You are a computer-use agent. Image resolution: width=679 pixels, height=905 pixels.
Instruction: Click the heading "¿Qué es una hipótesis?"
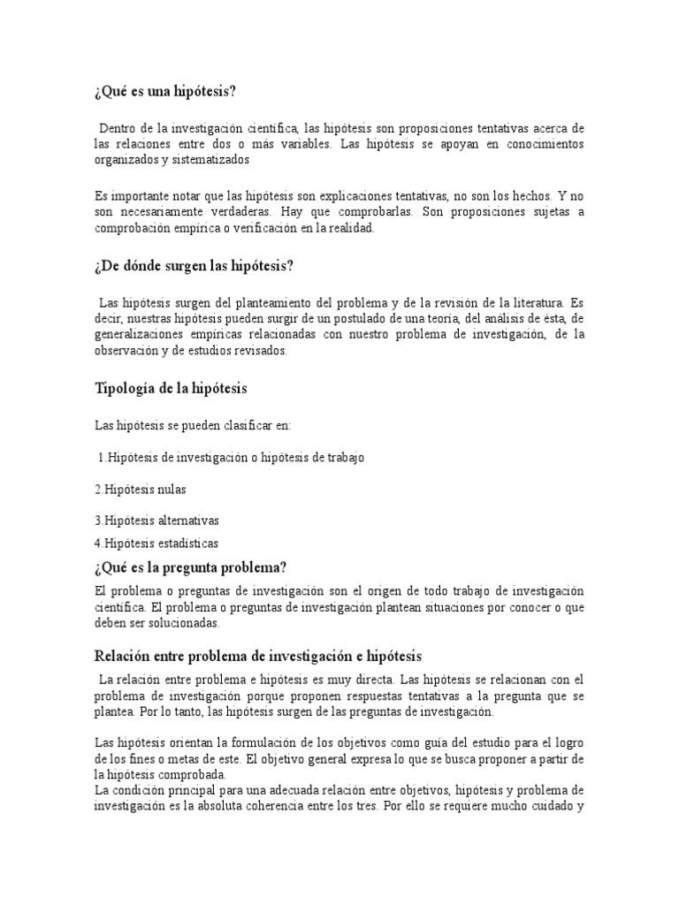pos(165,93)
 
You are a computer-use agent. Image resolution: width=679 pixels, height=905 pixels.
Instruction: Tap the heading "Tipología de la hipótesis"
pos(171,390)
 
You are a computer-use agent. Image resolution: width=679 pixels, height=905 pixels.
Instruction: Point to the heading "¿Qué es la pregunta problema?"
pos(191,567)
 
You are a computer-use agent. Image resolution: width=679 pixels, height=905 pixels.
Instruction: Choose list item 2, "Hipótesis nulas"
pos(141,489)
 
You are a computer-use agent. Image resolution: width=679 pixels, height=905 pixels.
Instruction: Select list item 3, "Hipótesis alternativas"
pos(156,521)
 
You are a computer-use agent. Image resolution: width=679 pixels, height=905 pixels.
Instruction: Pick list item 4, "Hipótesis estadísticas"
pos(156,544)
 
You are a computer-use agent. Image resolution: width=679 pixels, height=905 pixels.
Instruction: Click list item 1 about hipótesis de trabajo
pos(230,458)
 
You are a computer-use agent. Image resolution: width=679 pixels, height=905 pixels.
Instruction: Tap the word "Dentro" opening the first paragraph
pos(118,129)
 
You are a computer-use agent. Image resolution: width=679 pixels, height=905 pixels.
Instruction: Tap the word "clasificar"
pos(241,426)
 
